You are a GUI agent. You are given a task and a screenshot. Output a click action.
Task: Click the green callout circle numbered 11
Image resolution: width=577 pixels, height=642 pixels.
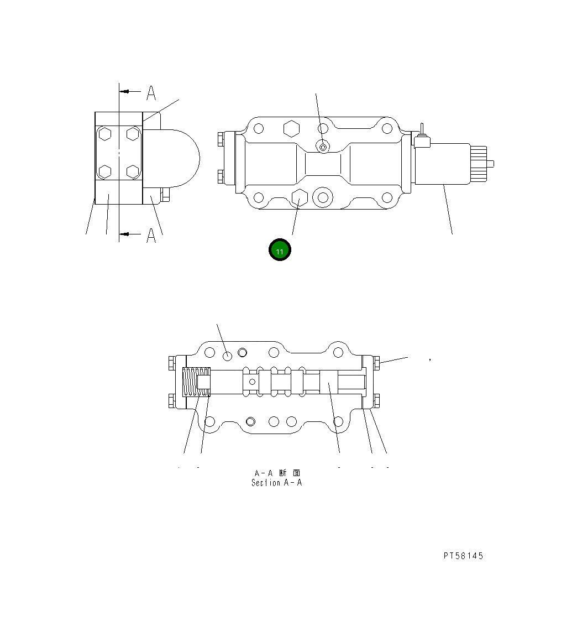(x=280, y=250)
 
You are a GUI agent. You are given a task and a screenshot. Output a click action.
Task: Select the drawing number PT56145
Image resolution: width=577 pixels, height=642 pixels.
(x=463, y=556)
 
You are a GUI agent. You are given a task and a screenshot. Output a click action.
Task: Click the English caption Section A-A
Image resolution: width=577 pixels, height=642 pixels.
(x=276, y=483)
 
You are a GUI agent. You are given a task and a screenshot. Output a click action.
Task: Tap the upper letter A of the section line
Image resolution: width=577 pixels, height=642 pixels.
(x=151, y=93)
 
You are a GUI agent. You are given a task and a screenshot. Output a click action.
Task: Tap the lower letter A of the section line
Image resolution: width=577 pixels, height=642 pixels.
(x=151, y=236)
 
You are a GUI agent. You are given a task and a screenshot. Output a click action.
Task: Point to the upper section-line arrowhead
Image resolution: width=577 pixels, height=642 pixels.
(x=125, y=91)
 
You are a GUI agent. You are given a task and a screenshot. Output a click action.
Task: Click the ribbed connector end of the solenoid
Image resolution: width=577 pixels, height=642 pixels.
(x=479, y=163)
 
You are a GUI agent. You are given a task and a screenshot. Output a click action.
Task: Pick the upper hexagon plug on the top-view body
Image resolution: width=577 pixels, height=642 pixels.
(x=291, y=128)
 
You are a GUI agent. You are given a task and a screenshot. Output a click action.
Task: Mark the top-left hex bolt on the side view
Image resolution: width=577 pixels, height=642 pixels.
(x=105, y=134)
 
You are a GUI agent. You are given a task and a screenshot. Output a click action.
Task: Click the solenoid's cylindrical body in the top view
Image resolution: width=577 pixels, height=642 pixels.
(x=442, y=164)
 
